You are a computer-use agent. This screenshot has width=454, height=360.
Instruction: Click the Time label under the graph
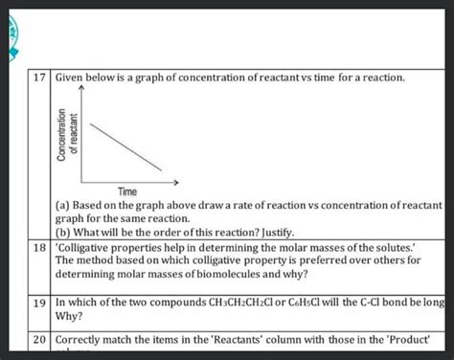[129, 191]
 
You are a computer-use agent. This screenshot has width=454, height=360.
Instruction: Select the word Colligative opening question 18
[88, 246]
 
